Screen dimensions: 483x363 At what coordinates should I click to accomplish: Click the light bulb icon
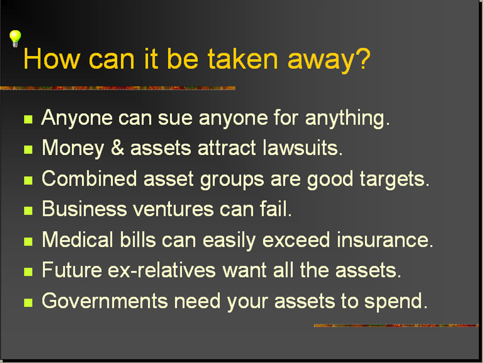[15, 39]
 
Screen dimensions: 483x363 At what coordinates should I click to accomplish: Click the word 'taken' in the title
[243, 59]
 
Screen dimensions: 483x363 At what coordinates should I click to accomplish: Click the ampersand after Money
[118, 147]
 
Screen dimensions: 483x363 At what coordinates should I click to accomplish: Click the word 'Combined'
[89, 178]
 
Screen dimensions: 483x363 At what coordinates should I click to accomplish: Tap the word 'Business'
[84, 209]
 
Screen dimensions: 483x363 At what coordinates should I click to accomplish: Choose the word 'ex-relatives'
[161, 270]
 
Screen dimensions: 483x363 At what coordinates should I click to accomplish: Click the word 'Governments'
[105, 300]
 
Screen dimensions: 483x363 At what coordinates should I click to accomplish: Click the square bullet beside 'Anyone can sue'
[28, 120]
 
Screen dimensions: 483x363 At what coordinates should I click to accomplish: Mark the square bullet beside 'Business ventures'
[28, 211]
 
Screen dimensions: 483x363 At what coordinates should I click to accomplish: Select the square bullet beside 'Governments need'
[28, 302]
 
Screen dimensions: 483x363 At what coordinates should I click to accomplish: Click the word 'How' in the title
[51, 59]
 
